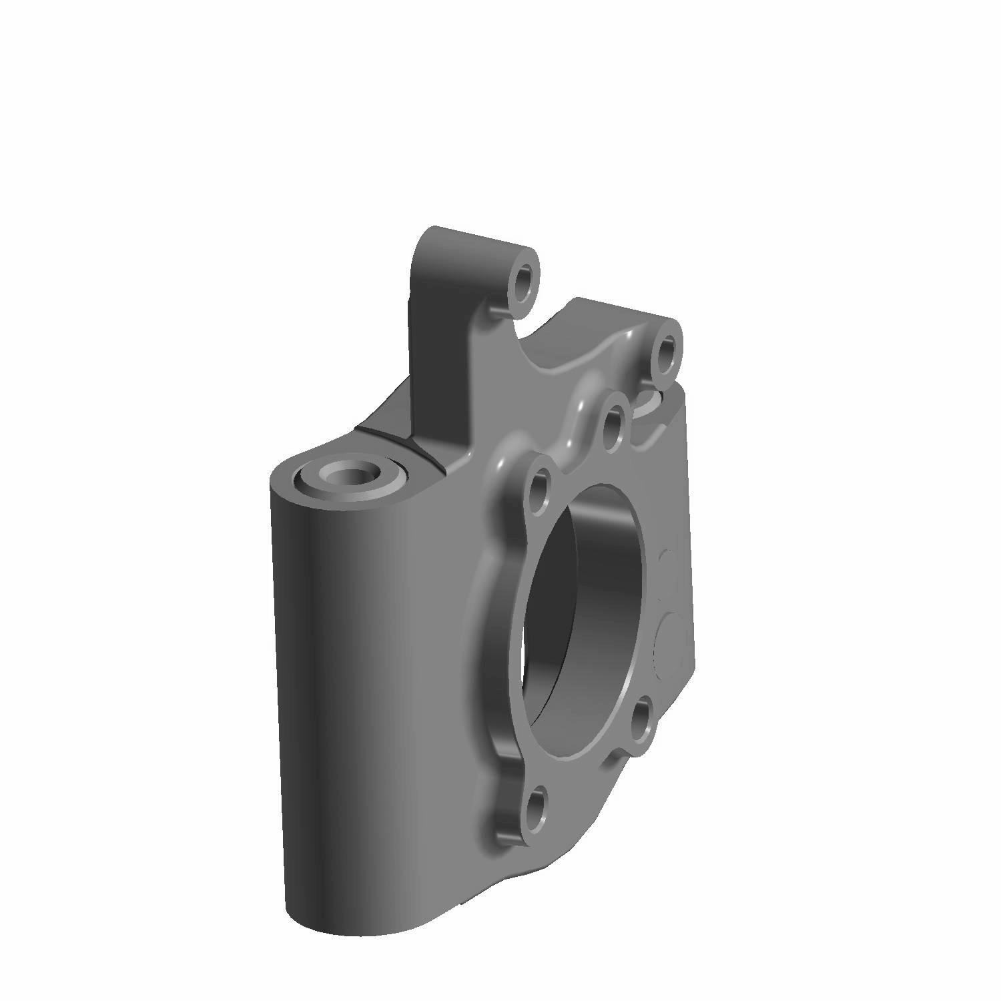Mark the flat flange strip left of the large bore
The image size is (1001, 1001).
497,634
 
